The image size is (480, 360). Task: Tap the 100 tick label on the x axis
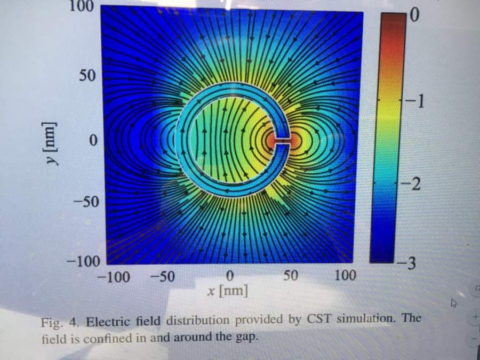pyautogui.click(x=345, y=276)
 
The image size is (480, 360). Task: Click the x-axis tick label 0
pyautogui.click(x=230, y=276)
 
